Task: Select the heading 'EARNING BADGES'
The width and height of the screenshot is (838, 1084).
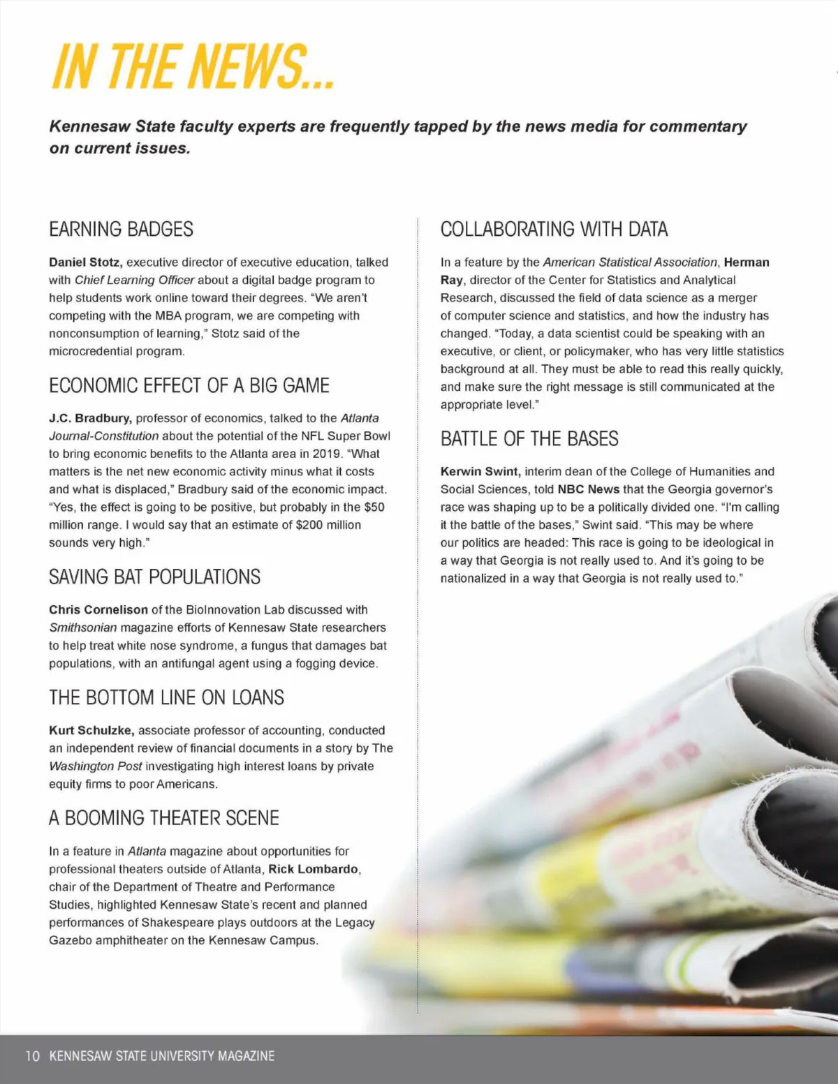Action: [x=121, y=229]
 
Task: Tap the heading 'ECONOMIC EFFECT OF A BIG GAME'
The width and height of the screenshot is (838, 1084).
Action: [x=189, y=385]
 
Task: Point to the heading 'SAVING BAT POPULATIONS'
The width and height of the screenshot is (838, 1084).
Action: [x=154, y=577]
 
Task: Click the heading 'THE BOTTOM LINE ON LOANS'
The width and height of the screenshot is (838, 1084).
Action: [x=166, y=697]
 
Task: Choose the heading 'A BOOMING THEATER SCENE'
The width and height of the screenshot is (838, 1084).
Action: [x=163, y=818]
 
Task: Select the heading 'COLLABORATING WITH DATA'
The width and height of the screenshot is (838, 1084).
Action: [x=554, y=229]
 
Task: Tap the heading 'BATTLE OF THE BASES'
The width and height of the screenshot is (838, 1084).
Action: [x=529, y=438]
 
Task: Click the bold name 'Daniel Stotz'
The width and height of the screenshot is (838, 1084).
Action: [x=86, y=262]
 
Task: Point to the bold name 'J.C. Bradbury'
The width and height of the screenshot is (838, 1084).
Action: [x=90, y=418]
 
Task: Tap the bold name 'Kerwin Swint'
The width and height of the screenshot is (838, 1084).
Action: [x=480, y=471]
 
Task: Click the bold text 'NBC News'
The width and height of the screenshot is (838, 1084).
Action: [x=589, y=489]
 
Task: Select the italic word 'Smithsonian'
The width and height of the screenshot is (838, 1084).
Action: [x=82, y=628]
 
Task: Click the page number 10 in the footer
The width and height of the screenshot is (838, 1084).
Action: [x=32, y=1056]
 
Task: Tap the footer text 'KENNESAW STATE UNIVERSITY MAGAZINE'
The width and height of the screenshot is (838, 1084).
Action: [x=162, y=1056]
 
